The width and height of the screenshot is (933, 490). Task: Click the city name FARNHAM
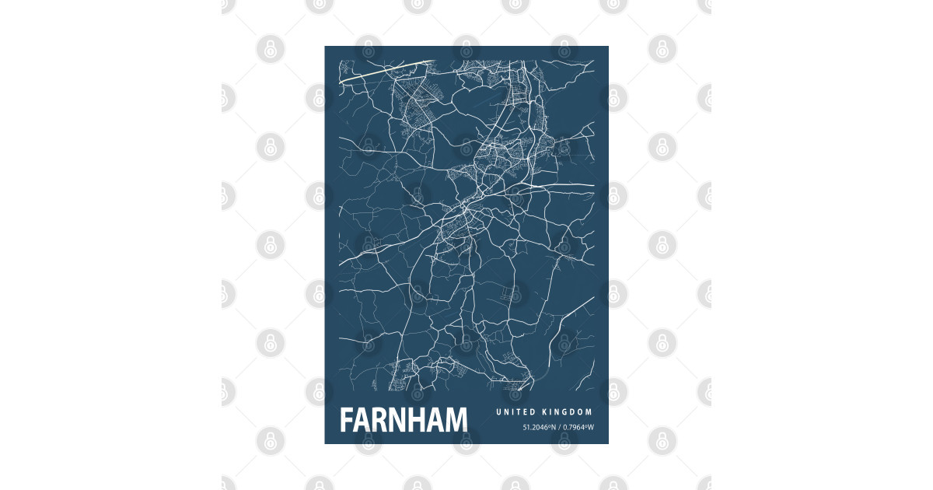[404, 420]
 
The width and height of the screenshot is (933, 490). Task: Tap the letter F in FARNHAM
[347, 420]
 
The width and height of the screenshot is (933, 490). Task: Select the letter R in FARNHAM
[383, 420]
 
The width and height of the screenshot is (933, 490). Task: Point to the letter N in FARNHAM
[402, 420]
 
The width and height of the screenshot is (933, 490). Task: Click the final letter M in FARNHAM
[457, 420]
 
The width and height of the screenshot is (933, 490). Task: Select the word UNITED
[515, 412]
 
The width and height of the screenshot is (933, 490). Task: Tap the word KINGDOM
[568, 412]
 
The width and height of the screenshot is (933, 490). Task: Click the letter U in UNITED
[499, 412]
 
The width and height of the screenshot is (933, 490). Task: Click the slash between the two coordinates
[558, 427]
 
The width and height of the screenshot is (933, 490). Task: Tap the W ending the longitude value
[590, 427]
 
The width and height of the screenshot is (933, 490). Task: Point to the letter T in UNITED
[520, 412]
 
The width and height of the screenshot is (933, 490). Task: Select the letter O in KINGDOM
[582, 412]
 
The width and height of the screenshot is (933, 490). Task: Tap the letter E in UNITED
[526, 412]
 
